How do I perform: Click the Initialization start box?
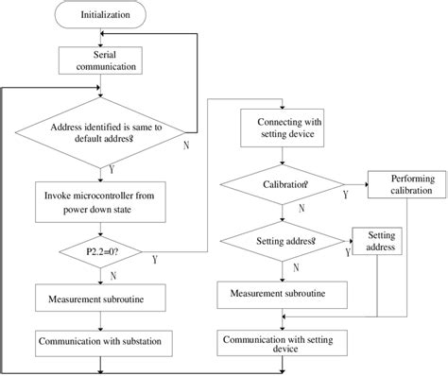[x=101, y=16]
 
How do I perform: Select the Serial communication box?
[x=101, y=61]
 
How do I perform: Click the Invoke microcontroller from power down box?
[x=101, y=202]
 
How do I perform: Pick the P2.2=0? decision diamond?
[x=101, y=253]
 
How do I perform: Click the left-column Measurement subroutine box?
[x=101, y=301]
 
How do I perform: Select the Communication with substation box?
[x=101, y=337]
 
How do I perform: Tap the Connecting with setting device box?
[x=285, y=127]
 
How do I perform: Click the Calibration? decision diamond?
[x=285, y=185]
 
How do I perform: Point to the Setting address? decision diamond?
[x=285, y=242]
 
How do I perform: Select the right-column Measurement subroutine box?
[x=284, y=294]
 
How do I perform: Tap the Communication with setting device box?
[x=284, y=342]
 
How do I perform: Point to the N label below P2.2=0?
[x=113, y=278]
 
